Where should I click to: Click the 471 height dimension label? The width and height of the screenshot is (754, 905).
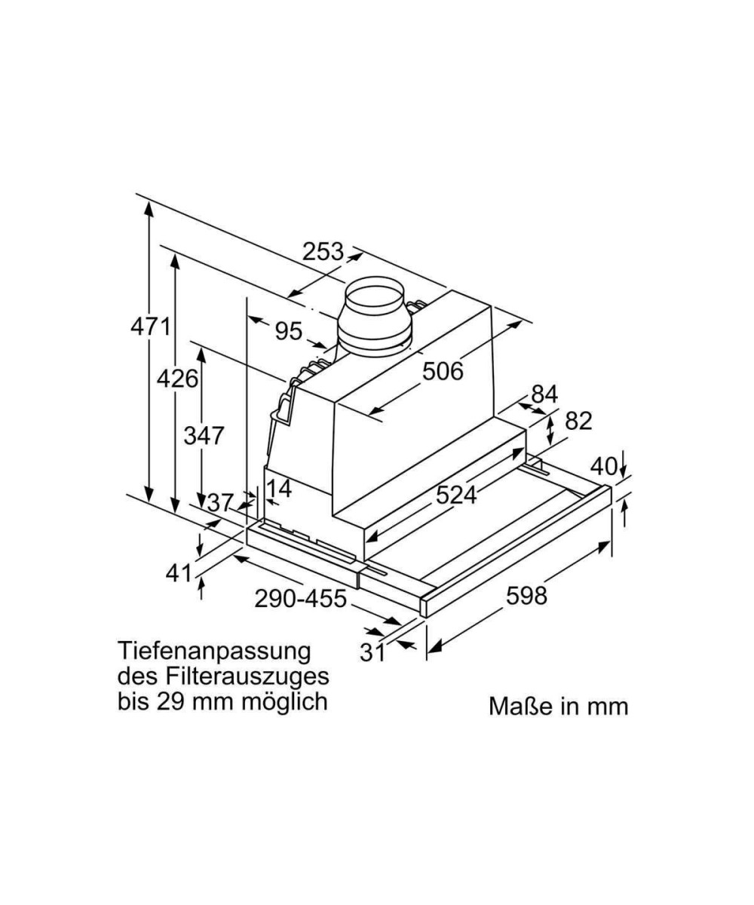tap(151, 327)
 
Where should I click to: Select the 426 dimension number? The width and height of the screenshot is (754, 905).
tap(177, 379)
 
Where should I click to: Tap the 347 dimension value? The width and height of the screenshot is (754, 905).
tap(204, 436)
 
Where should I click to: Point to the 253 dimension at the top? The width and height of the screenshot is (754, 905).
tap(323, 251)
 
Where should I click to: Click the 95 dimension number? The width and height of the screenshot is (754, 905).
tap(289, 332)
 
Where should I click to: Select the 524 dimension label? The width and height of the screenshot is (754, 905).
tap(456, 495)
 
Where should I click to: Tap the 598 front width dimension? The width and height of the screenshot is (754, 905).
tap(526, 596)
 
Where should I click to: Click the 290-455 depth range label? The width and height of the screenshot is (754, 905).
tap(300, 599)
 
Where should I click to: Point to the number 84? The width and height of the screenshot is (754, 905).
tap(544, 394)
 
